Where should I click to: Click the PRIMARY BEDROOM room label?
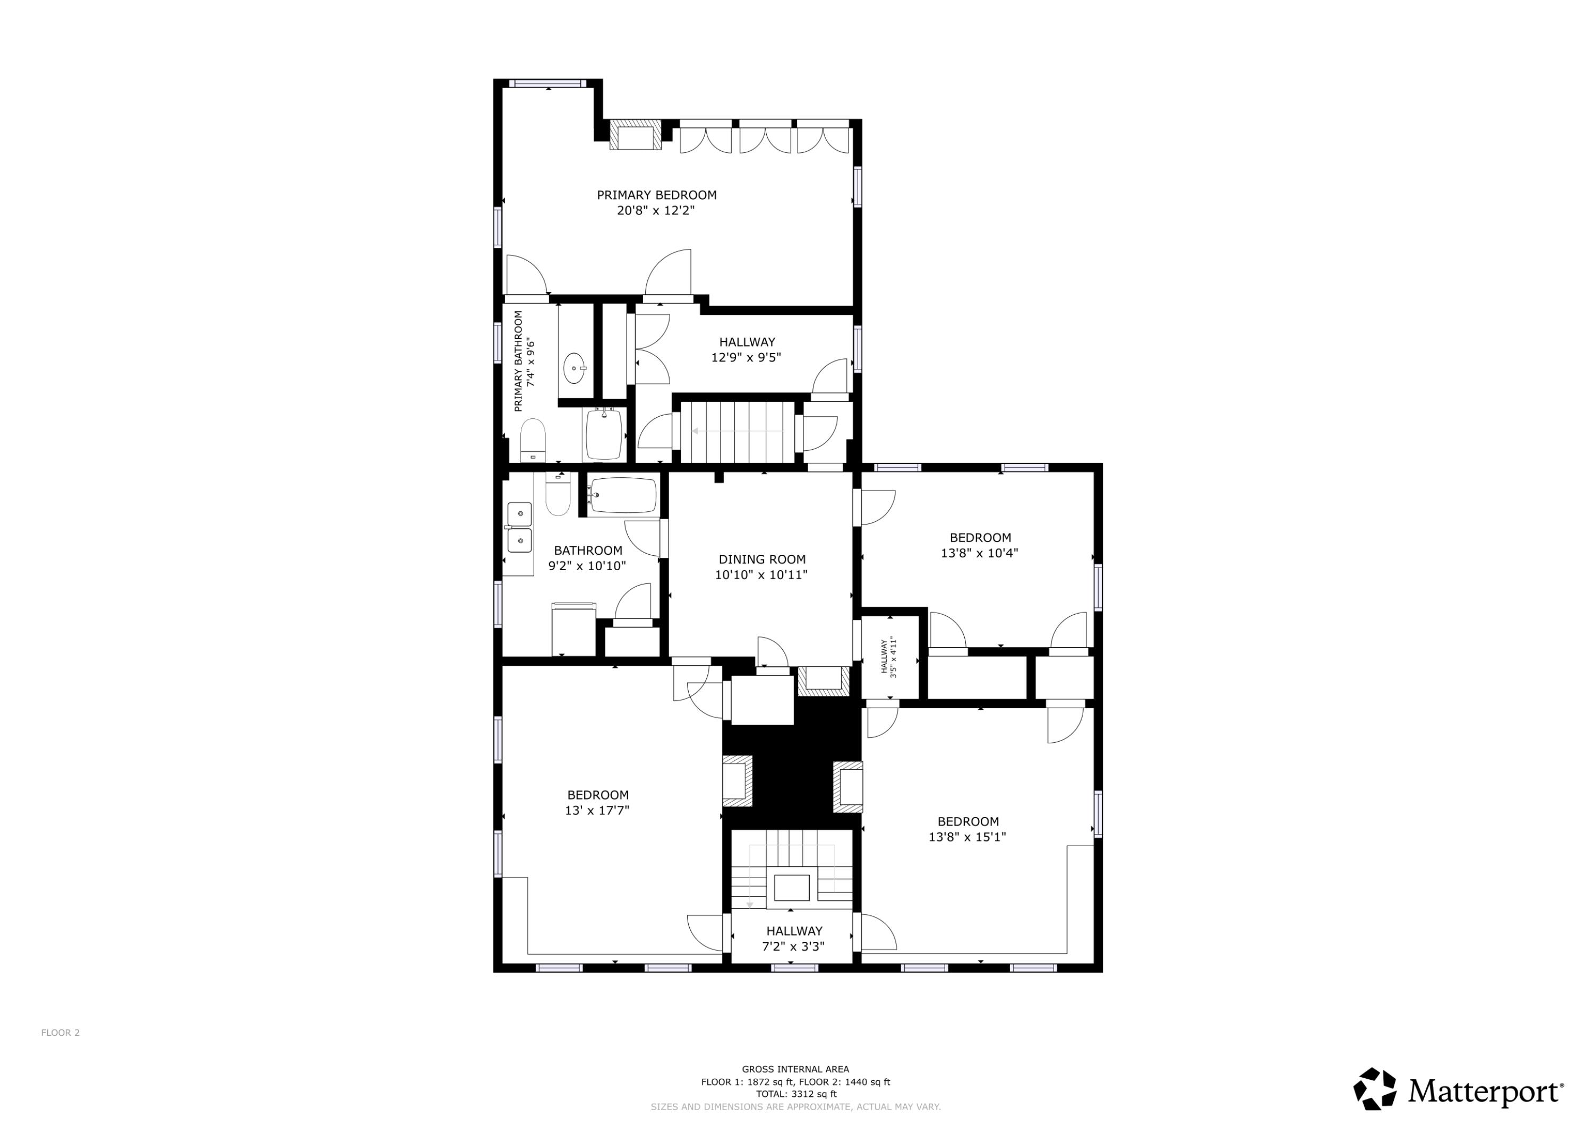click(x=656, y=195)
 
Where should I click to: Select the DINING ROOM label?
click(x=762, y=559)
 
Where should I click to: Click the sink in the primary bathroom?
click(x=575, y=368)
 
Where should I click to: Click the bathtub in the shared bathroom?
click(x=623, y=495)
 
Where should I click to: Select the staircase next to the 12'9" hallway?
click(x=737, y=432)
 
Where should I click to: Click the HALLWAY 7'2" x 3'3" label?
click(x=794, y=939)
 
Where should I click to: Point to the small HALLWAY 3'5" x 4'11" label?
click(x=889, y=658)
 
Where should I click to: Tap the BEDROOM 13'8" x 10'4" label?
click(x=980, y=545)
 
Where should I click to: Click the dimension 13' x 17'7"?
click(x=597, y=810)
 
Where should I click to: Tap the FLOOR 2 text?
click(x=61, y=1033)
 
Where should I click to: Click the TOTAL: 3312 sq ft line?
click(x=796, y=1094)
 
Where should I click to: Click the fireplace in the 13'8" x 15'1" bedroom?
click(x=847, y=787)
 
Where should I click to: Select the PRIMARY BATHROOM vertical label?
click(x=524, y=361)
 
